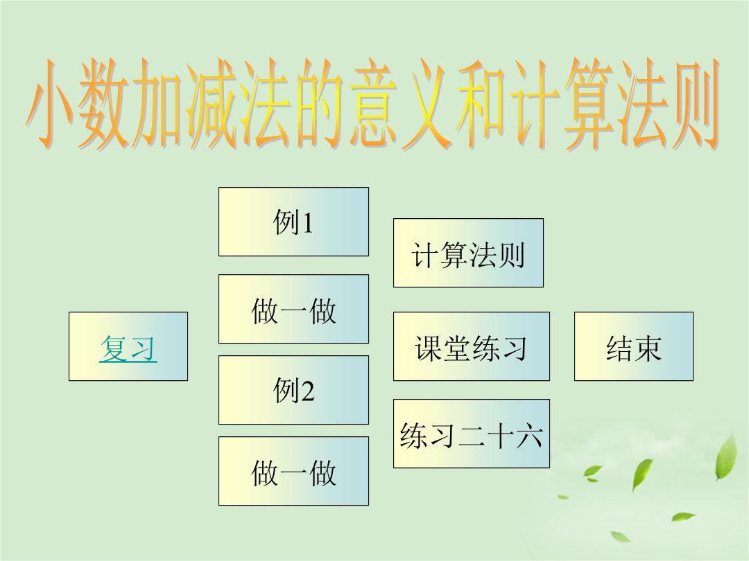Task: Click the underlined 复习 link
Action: pos(128,348)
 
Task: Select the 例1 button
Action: pos(293,222)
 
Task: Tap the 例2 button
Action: pos(293,390)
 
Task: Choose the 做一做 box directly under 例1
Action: pos(293,309)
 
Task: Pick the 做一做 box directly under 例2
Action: pos(293,471)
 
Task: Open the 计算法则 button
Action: pos(468,253)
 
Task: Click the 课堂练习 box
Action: pos(472,346)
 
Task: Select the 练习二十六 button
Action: pos(472,434)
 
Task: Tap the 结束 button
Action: pos(633,346)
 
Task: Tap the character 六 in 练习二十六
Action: pos(528,435)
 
